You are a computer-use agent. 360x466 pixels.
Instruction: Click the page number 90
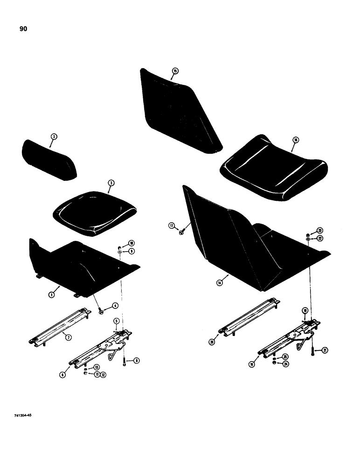[x=23, y=29]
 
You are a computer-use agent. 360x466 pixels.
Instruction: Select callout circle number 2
[x=54, y=137]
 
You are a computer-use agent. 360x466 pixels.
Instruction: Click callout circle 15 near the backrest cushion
[x=175, y=71]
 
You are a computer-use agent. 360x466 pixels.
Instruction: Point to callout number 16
[x=295, y=139]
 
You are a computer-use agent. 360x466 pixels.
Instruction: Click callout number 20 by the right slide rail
[x=213, y=342]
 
